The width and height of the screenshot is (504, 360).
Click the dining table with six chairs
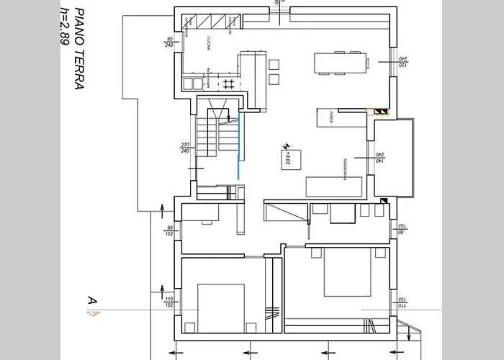click(341, 63)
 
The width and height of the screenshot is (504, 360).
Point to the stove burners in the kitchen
click(228, 84)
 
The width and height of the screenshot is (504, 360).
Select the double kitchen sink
click(191, 84)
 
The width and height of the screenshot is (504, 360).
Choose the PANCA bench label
click(330, 117)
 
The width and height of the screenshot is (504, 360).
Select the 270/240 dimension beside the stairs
click(185, 148)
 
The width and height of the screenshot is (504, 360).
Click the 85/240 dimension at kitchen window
click(170, 42)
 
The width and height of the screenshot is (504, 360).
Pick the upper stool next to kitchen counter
click(274, 64)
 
